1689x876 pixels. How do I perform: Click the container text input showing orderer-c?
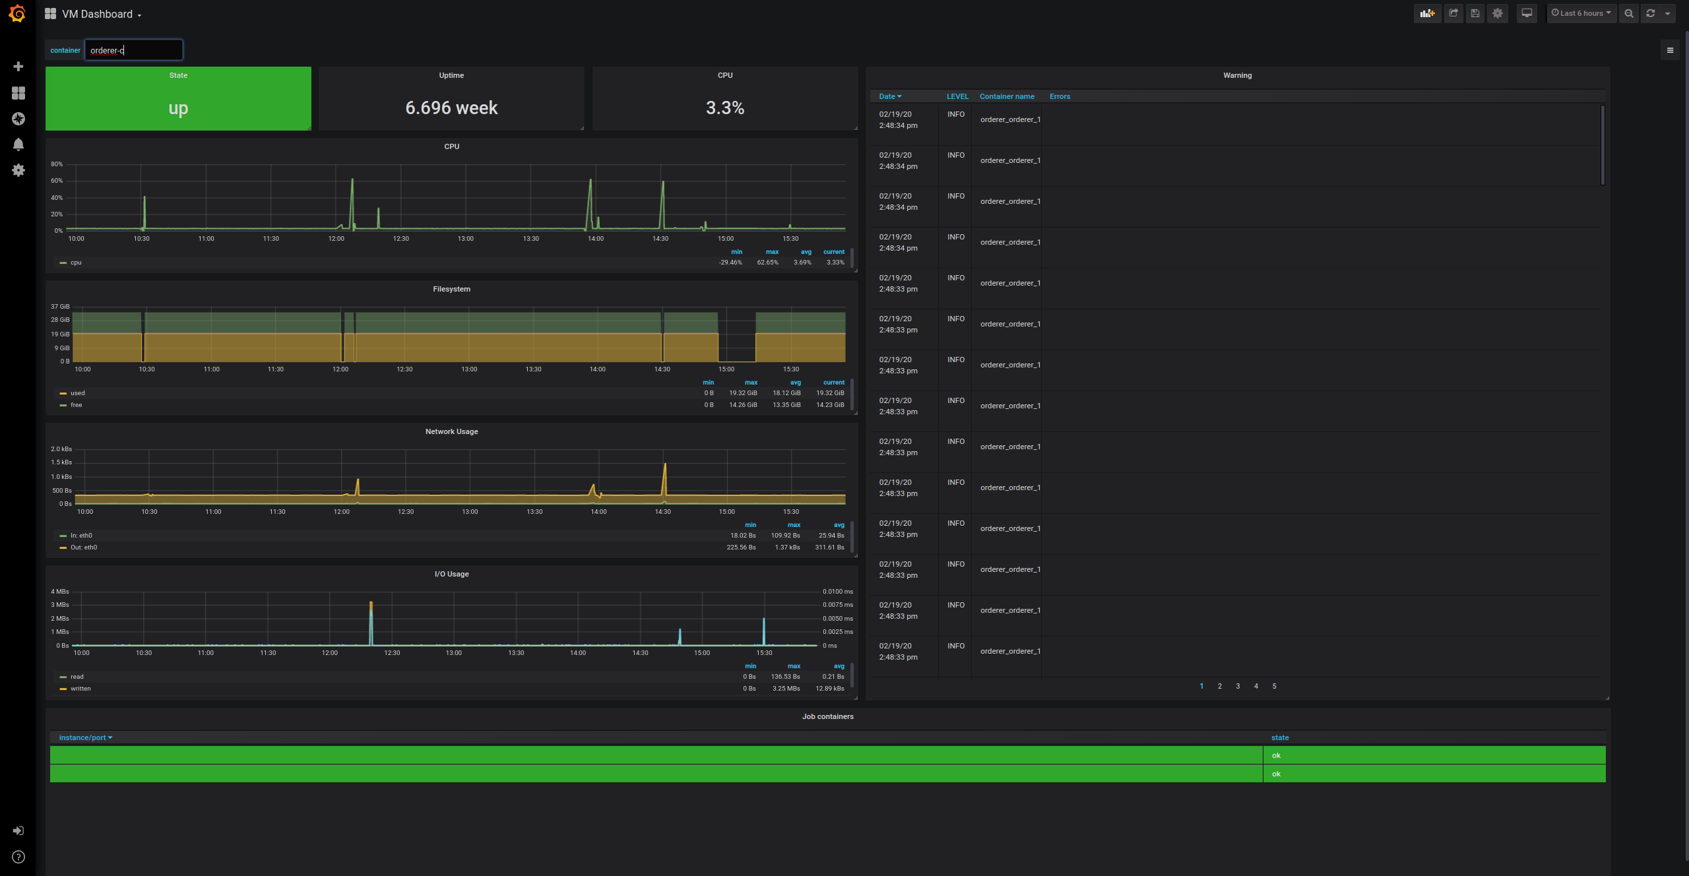point(133,50)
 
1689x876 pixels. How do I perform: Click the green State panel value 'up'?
point(178,108)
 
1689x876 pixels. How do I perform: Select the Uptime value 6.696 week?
point(451,108)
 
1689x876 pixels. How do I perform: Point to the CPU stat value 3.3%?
point(724,108)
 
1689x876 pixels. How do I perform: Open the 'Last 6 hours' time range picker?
point(1581,13)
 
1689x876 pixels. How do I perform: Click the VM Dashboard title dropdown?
point(101,15)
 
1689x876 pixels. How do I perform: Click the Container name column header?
point(1007,96)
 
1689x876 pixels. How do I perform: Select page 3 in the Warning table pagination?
point(1238,686)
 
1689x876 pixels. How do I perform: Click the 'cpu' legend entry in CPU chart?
point(76,263)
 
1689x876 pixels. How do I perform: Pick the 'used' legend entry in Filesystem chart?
point(78,393)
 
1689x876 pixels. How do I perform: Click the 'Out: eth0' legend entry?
point(84,547)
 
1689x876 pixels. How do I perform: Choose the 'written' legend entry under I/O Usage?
point(80,689)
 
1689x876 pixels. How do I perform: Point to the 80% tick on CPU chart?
point(57,164)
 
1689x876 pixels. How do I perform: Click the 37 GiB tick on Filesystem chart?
point(60,307)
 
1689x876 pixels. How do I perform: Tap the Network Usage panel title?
point(451,431)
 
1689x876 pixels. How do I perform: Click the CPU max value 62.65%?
point(767,263)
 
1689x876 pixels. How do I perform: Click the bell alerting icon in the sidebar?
point(18,144)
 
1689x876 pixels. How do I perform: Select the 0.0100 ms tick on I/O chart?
point(837,592)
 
